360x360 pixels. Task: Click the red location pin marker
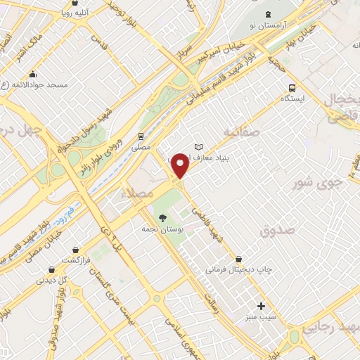point(181,165)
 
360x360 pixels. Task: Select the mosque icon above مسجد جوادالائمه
point(32,75)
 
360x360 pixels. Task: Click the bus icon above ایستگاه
point(292,88)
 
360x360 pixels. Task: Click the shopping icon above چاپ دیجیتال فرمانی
point(240,259)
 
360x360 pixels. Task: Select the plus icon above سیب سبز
point(261,306)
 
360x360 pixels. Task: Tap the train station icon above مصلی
point(141,136)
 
